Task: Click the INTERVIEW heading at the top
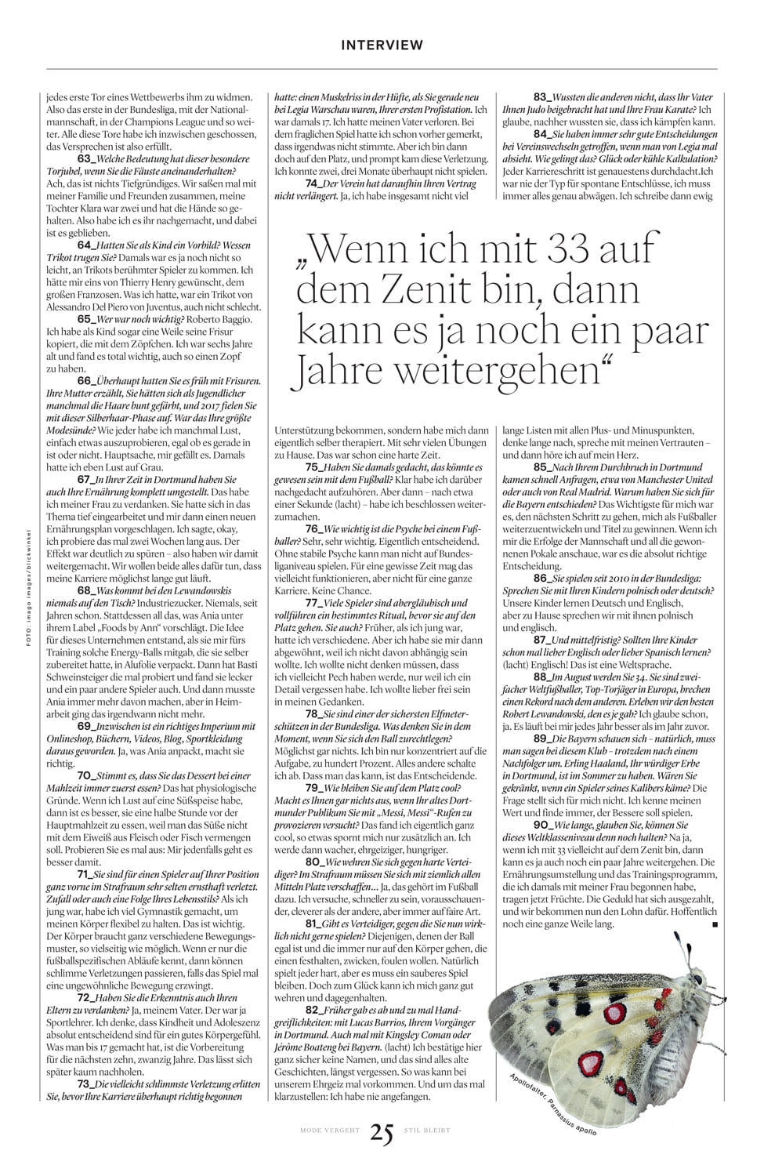click(382, 45)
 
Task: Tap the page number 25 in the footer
click(382, 1131)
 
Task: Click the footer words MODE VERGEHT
click(329, 1131)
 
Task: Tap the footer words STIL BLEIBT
click(427, 1131)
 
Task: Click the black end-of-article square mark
click(713, 925)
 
